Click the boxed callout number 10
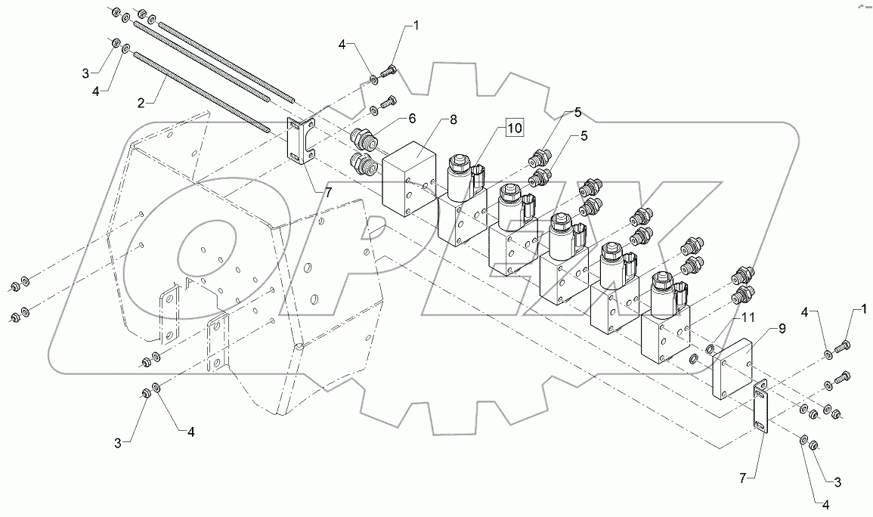pos(514,129)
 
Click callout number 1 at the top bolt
pos(415,26)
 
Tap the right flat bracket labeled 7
pos(760,405)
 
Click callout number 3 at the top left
pos(86,73)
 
